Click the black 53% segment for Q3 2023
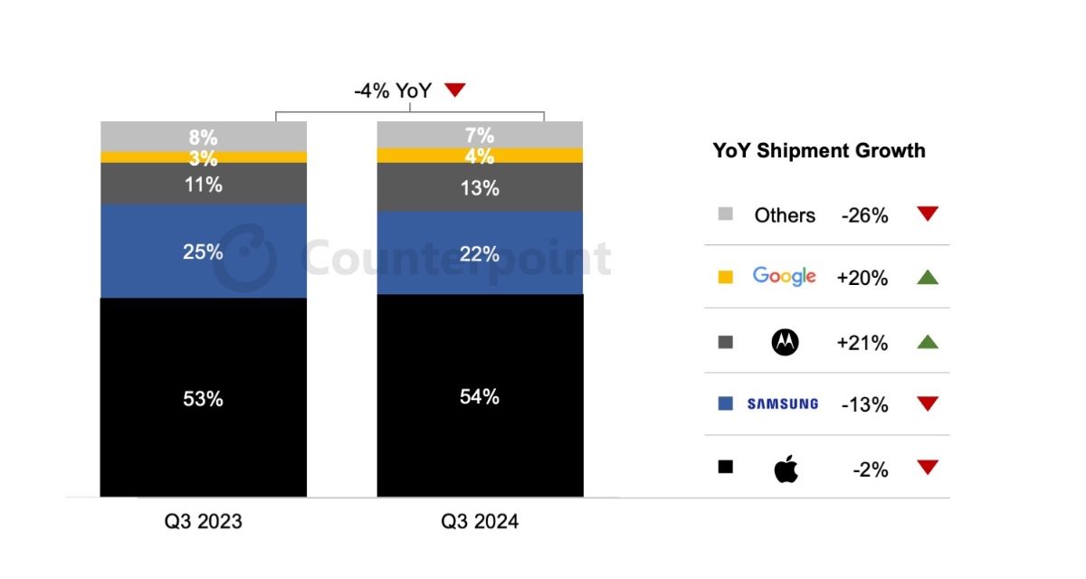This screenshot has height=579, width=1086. point(203,397)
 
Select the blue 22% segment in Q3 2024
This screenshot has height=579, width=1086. point(480,253)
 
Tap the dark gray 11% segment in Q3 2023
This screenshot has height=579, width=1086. point(203,185)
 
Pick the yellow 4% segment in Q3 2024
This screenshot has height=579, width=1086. point(480,156)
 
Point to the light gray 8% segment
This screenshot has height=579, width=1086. point(203,136)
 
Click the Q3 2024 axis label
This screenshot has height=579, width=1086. point(480,522)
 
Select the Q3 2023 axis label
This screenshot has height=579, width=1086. point(203,522)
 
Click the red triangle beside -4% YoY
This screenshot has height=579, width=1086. point(454,90)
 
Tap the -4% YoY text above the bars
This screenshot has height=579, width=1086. point(393,90)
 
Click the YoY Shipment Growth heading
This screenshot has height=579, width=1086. point(819,151)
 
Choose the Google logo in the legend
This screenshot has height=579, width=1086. point(784,277)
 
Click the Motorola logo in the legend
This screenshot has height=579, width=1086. point(784,342)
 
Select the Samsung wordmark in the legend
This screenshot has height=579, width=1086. point(783,404)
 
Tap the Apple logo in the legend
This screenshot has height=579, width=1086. point(786,470)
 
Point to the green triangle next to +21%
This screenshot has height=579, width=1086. point(927,341)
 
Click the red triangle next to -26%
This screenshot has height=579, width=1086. point(927,214)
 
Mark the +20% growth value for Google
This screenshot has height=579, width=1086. point(862,279)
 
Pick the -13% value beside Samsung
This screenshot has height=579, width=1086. point(864,405)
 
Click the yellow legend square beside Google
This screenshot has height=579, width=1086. point(725,278)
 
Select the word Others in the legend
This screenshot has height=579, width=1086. point(785,215)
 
